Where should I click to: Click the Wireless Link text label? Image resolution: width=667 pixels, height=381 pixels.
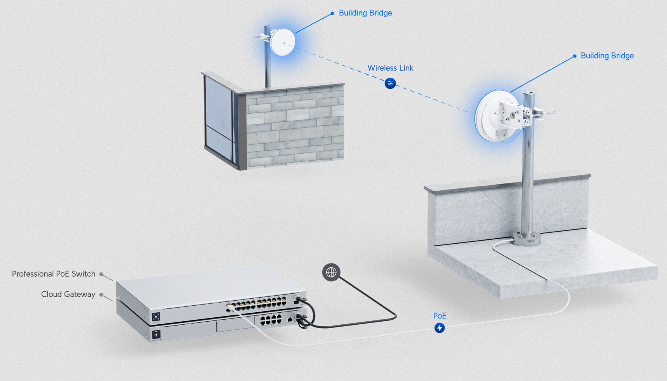[x=390, y=68]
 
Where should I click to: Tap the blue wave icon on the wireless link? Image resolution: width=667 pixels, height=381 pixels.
[x=390, y=83]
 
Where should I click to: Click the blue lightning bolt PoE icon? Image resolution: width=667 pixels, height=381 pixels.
[x=439, y=328]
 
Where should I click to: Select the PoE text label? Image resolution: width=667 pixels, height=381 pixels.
[x=439, y=316]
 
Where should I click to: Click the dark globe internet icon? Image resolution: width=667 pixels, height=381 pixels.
[x=331, y=272]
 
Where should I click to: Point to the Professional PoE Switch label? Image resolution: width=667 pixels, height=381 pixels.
[x=54, y=274]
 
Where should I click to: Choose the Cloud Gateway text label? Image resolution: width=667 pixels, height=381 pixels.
[x=68, y=294]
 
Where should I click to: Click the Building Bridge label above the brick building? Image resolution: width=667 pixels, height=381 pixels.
[x=365, y=13]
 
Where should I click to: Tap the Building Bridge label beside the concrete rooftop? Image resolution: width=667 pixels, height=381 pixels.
[x=607, y=56]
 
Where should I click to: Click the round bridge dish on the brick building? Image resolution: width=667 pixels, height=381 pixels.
[x=282, y=42]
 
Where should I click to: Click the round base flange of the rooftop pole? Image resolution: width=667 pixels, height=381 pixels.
[x=526, y=239]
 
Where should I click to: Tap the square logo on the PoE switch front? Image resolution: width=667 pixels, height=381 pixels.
[x=156, y=317]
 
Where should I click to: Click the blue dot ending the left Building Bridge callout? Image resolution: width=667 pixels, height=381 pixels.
[x=332, y=13]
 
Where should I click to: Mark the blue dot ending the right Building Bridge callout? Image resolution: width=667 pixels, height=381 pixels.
[x=575, y=56]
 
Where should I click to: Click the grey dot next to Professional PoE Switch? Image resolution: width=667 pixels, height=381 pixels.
[x=101, y=274]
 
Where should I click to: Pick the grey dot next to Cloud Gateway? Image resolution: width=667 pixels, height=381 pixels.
[x=101, y=295]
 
